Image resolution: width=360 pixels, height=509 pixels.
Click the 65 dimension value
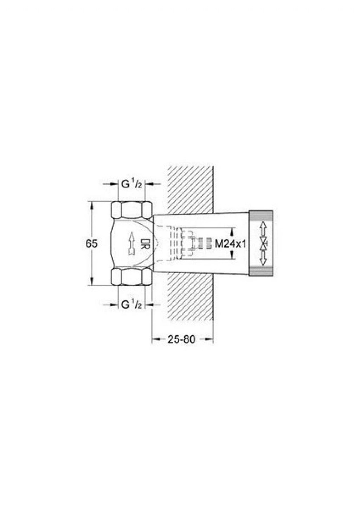[x=91, y=243]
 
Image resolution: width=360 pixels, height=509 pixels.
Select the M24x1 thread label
[x=231, y=244]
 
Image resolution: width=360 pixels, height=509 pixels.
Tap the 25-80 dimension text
[x=182, y=339]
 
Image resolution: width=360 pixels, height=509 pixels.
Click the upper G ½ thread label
[x=132, y=184]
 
